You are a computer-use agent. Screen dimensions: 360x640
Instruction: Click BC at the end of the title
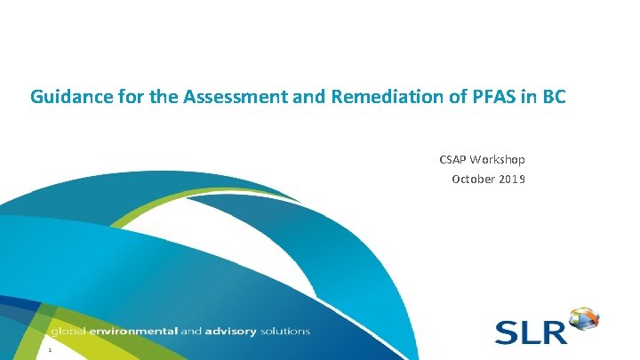(550, 95)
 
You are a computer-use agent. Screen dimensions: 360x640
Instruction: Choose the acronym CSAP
(454, 160)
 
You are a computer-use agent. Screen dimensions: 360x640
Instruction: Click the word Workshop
(500, 160)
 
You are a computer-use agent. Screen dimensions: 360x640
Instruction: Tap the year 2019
(511, 179)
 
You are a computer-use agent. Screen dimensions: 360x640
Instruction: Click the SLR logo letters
(531, 332)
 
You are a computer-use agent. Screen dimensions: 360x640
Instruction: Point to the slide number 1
(51, 350)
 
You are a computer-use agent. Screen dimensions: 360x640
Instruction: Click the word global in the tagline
(70, 332)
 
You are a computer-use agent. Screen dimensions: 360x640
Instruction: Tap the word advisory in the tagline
(230, 332)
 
